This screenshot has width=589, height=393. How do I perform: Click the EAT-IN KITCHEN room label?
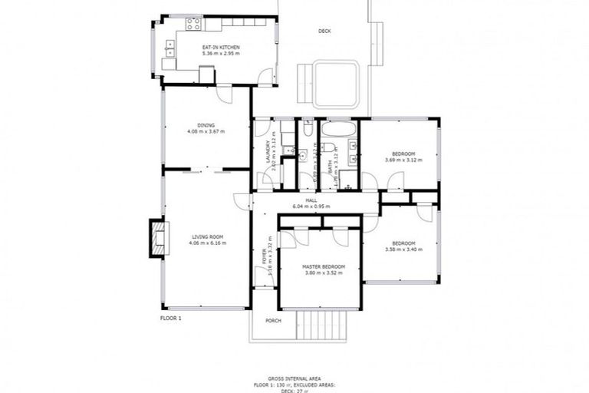point(221,48)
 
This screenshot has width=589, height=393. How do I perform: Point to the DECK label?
point(324,31)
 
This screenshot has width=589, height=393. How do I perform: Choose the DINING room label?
point(206,125)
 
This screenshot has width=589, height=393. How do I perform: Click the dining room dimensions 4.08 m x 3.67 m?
point(206,131)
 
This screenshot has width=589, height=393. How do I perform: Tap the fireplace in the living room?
point(158,238)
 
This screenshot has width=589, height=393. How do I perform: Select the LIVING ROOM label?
point(206,236)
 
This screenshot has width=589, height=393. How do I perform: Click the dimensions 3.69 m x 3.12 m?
point(400,160)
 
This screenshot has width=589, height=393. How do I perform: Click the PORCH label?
point(272,320)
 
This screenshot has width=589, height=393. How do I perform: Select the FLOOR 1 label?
point(170,317)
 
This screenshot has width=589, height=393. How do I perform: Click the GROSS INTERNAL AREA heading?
point(294,378)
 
